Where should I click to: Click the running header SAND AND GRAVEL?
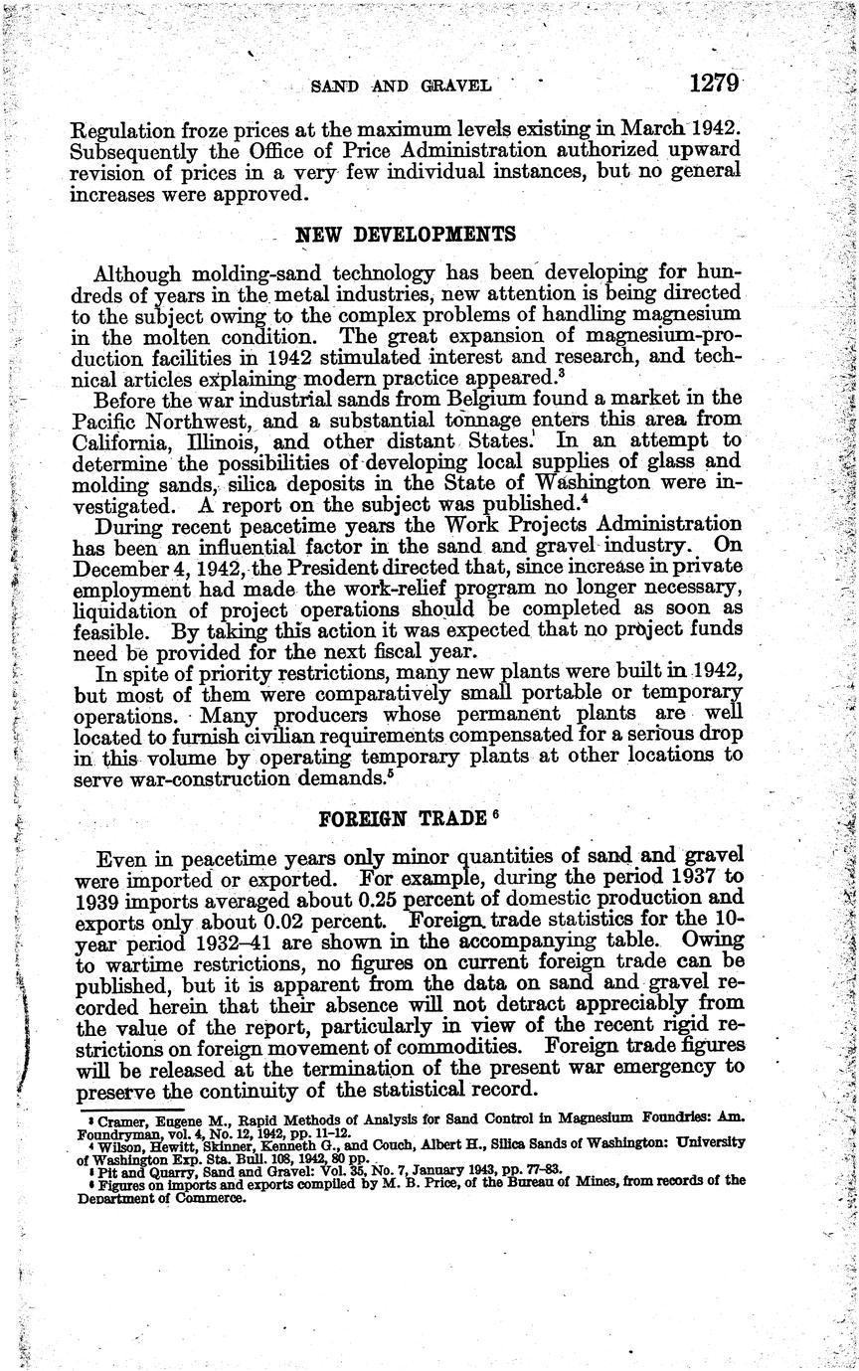[x=402, y=86]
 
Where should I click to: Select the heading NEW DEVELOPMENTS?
[x=406, y=236]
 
